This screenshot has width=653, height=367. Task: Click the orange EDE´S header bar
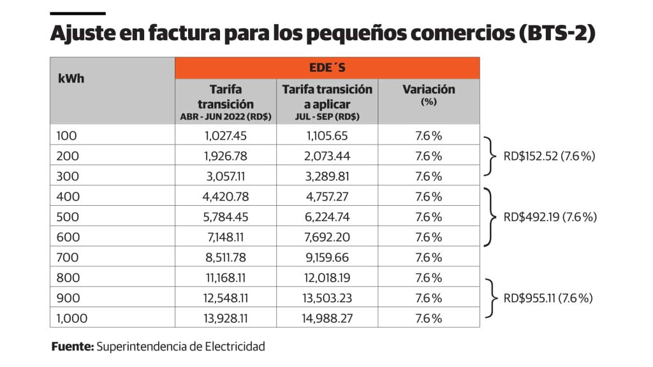327,68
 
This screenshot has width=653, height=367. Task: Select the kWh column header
71,79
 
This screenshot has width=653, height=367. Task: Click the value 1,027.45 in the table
225,135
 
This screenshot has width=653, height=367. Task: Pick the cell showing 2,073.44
327,155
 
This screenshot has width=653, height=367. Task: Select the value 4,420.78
225,196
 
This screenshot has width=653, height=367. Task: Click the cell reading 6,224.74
327,217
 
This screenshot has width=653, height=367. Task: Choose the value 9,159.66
327,257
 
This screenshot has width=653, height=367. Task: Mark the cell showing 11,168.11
225,278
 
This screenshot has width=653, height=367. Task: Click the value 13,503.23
327,298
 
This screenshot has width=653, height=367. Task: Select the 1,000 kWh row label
71,318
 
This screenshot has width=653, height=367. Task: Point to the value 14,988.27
327,318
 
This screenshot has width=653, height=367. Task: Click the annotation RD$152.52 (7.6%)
549,155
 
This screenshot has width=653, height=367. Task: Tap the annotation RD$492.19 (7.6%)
550,217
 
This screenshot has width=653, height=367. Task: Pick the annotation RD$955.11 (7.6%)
548,298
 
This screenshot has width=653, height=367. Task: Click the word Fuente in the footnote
73,347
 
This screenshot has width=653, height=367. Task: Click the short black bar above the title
77,13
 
